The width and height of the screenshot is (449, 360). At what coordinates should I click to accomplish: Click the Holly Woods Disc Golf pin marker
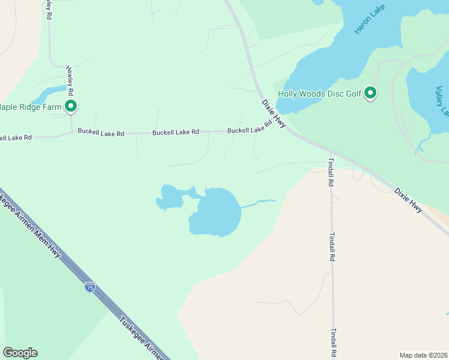pyautogui.click(x=370, y=93)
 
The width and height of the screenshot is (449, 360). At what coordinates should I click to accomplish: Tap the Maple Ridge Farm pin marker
pyautogui.click(x=71, y=107)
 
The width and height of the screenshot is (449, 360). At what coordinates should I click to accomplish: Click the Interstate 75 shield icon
pyautogui.click(x=89, y=287)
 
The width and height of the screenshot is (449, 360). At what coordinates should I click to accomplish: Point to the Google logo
pyautogui.click(x=20, y=352)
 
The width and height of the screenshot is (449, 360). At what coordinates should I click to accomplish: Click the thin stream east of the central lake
pyautogui.click(x=258, y=203)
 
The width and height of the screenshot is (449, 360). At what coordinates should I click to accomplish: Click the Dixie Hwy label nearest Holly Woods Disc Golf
pyautogui.click(x=274, y=113)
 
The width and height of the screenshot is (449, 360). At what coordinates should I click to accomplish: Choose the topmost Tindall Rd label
pyautogui.click(x=330, y=172)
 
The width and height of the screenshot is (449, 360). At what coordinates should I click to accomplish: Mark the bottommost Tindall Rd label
pyautogui.click(x=333, y=342)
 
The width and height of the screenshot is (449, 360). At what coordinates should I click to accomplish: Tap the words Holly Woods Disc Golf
pyautogui.click(x=320, y=94)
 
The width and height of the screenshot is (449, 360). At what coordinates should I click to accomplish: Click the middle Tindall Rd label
pyautogui.click(x=331, y=247)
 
